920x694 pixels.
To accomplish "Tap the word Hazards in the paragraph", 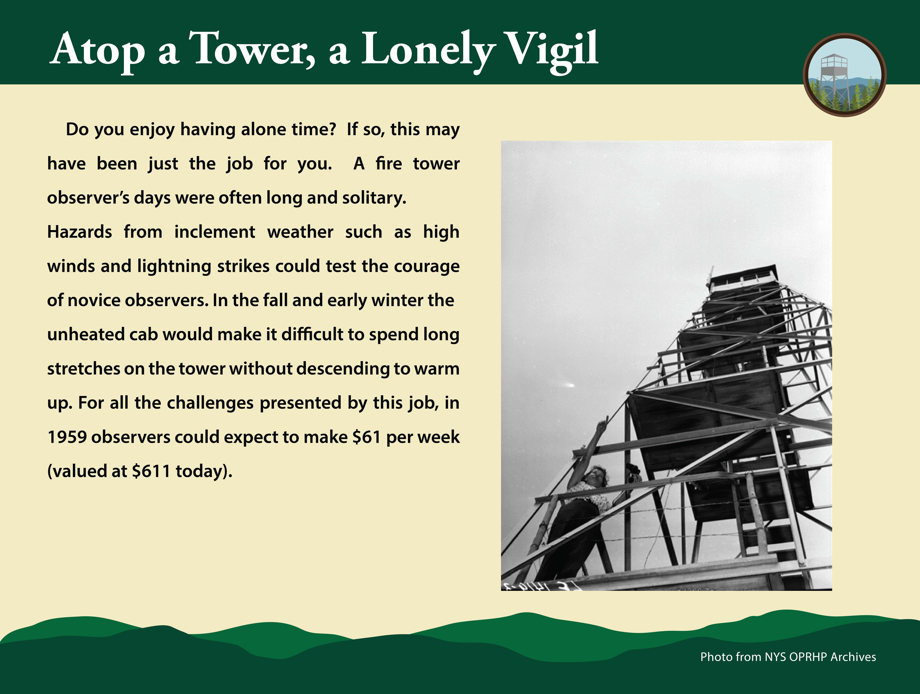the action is [79, 232].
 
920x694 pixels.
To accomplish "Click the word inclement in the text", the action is [215, 232].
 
